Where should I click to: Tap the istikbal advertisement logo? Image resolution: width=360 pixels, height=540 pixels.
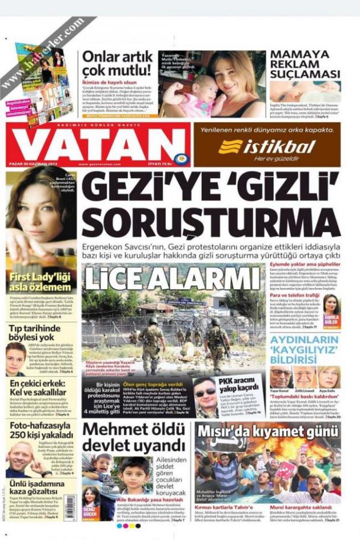coord(266,147)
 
